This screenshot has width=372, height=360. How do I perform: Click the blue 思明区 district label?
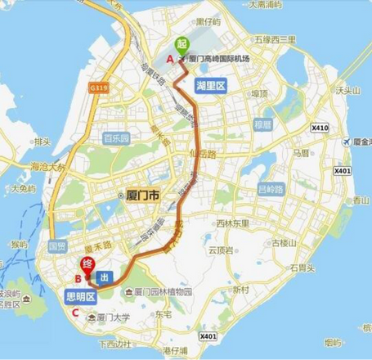pyautogui.click(x=81, y=296)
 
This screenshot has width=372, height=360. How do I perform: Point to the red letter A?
pyautogui.click(x=170, y=59)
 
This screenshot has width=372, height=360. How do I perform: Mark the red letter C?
pyautogui.click(x=76, y=311)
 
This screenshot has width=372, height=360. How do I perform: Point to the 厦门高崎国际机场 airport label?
pyautogui.click(x=218, y=59)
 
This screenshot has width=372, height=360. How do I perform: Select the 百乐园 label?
pyautogui.click(x=117, y=139)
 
